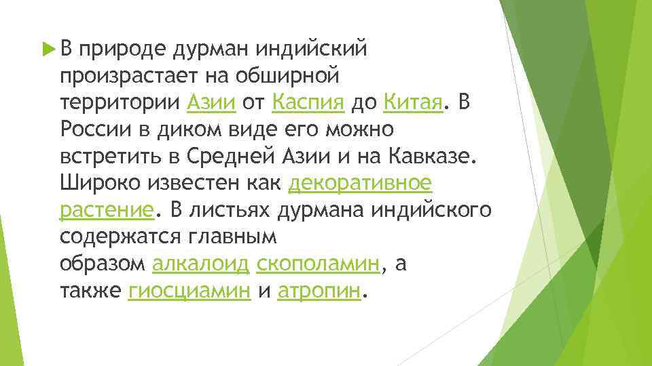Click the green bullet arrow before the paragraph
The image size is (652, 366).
47,49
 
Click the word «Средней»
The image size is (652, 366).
231,156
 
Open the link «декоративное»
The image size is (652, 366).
361,182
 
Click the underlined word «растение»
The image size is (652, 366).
107,210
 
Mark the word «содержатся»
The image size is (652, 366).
122,237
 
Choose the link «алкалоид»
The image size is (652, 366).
200,264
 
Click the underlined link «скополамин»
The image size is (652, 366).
319,264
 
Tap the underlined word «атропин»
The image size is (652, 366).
318,291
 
